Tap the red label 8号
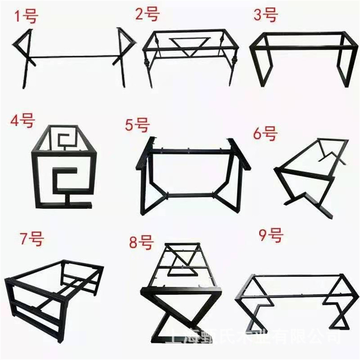(140, 243)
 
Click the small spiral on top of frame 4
(65, 141)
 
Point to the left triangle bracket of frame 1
(25, 44)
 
